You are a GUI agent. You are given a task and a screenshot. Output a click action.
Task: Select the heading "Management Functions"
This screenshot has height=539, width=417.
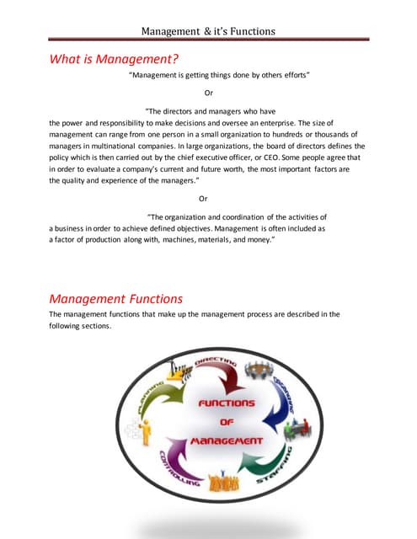[x=115, y=298]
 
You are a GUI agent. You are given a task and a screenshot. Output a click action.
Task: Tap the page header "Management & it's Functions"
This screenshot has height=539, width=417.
[x=208, y=32]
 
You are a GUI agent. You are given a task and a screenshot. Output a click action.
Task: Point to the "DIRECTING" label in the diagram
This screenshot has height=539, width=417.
[x=217, y=363]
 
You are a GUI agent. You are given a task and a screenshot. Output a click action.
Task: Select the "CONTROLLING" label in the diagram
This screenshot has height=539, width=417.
[x=179, y=469]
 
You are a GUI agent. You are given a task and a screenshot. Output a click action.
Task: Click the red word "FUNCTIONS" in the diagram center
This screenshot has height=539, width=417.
[x=226, y=403]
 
